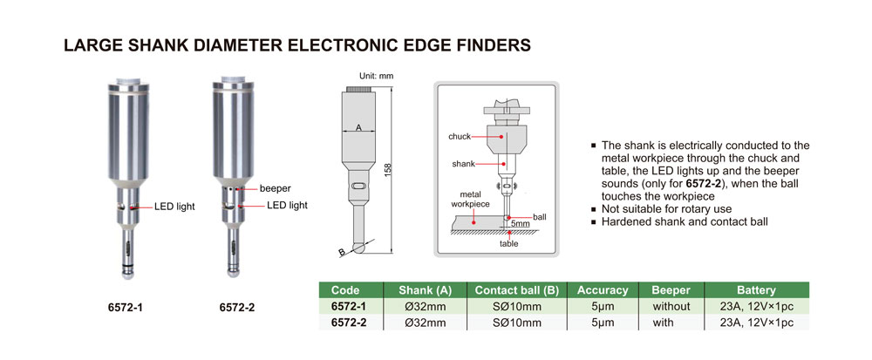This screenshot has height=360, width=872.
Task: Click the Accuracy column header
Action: pyautogui.click(x=603, y=290)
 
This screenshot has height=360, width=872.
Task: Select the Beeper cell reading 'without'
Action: pyautogui.click(x=671, y=307)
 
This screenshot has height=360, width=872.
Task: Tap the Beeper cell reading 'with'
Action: pyautogui.click(x=671, y=323)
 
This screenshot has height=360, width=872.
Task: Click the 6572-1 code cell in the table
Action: pyautogui.click(x=349, y=307)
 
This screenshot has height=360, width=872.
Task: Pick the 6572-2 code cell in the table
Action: pyautogui.click(x=349, y=323)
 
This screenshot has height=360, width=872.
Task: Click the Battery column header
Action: pyautogui.click(x=756, y=290)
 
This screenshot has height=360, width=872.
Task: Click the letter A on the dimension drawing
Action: pyautogui.click(x=358, y=128)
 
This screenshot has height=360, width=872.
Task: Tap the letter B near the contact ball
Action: pyautogui.click(x=342, y=254)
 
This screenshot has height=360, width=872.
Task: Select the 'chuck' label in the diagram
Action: pyautogui.click(x=460, y=137)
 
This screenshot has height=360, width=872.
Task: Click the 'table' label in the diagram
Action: pyautogui.click(x=508, y=244)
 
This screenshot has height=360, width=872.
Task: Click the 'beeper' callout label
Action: pyautogui.click(x=276, y=187)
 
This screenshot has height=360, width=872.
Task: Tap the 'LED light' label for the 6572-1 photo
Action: pyautogui.click(x=174, y=207)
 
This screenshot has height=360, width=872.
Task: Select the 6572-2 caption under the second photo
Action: pyautogui.click(x=236, y=308)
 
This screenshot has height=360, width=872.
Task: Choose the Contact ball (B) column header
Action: pyautogui.click(x=515, y=290)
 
